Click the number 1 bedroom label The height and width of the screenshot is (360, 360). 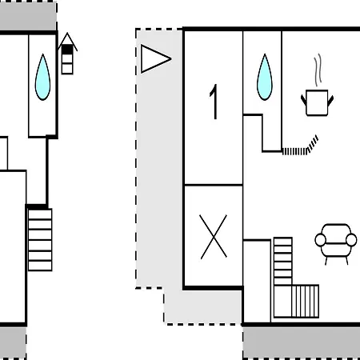click(x=214, y=102)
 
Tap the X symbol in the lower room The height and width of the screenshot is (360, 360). click(x=214, y=237)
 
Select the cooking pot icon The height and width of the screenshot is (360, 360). click(x=317, y=102)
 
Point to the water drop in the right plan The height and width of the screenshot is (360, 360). click(x=265, y=77)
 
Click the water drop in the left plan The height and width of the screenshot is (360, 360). click(x=42, y=77)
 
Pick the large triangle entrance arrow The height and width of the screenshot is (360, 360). click(x=155, y=58)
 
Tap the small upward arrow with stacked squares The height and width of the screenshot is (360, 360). click(x=67, y=54)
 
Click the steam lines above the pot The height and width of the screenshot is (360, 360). click(x=318, y=70)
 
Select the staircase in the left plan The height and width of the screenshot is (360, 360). click(x=40, y=240)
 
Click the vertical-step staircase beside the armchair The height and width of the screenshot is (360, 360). click(x=306, y=301)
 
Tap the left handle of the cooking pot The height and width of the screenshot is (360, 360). click(x=304, y=100)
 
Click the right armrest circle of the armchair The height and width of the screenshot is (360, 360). click(x=351, y=240)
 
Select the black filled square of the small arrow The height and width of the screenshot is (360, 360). click(x=67, y=50)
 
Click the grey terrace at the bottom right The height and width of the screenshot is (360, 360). click(x=302, y=343)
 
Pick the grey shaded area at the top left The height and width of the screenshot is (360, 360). click(x=28, y=16)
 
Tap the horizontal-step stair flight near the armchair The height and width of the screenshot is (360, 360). click(x=283, y=262)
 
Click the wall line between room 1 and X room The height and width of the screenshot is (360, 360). click(x=214, y=185)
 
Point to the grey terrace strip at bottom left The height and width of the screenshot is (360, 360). click(x=13, y=343)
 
